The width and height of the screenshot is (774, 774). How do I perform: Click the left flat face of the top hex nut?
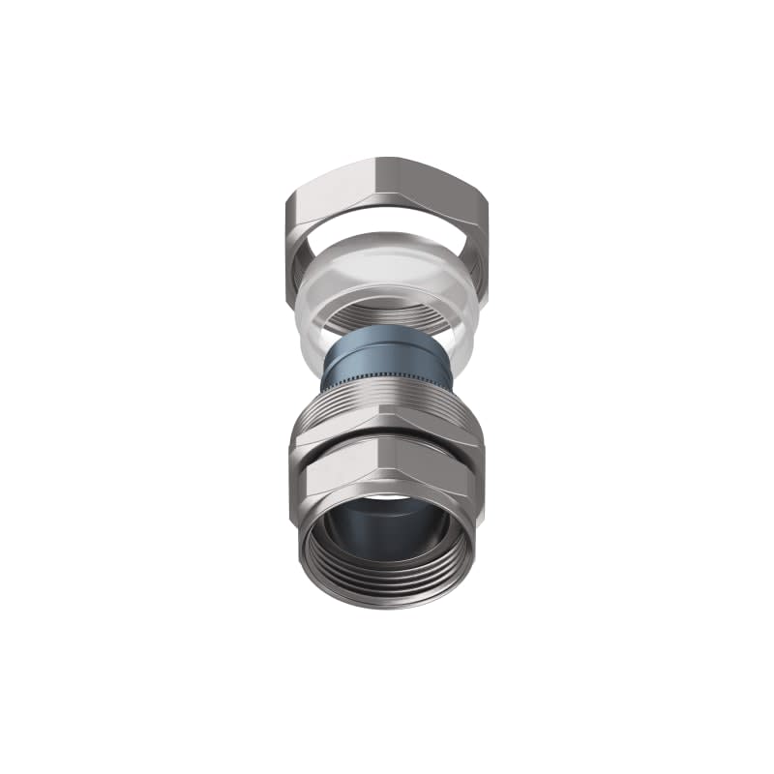point(324,198)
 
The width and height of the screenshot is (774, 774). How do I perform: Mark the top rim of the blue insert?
point(387,332)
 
